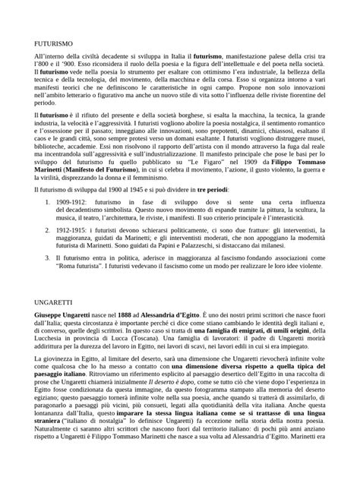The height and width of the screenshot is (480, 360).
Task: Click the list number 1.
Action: [x=49, y=223]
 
